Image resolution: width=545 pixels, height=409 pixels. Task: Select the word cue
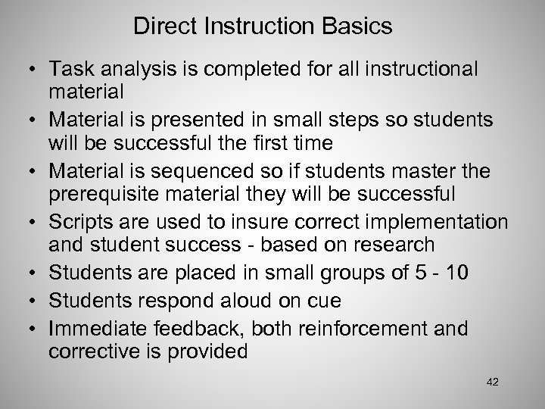click(322, 301)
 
